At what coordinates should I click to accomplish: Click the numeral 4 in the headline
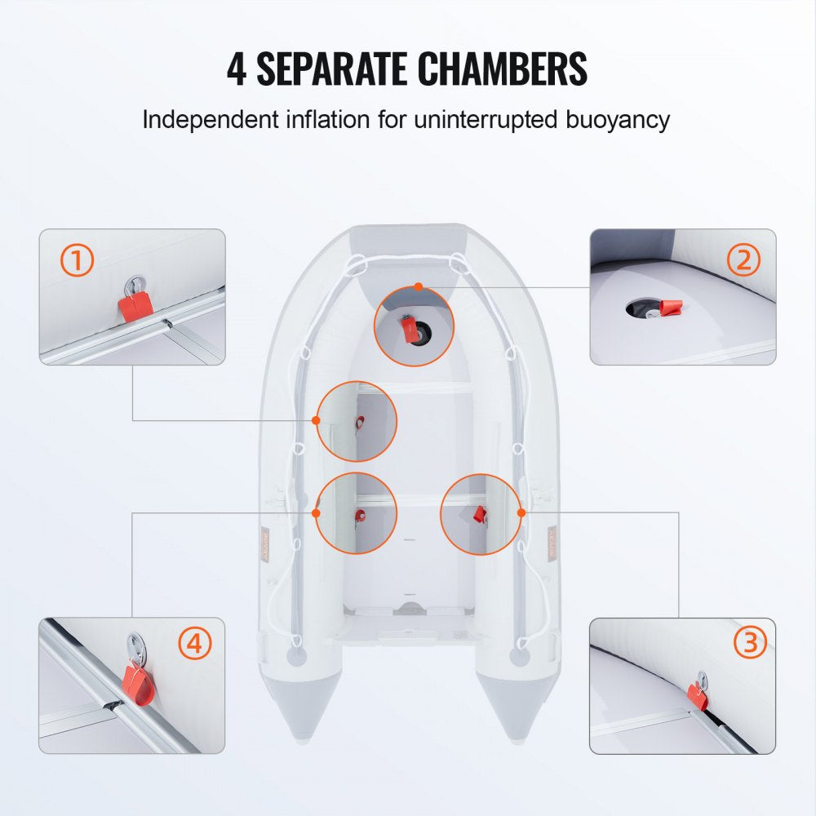click(x=237, y=69)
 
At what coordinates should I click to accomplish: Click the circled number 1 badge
click(x=78, y=261)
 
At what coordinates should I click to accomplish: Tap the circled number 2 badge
click(x=743, y=260)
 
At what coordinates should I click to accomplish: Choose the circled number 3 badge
click(x=750, y=644)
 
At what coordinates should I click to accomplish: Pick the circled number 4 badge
click(x=193, y=644)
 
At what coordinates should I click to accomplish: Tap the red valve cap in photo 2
click(x=672, y=309)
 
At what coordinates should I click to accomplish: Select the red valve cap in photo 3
click(x=698, y=694)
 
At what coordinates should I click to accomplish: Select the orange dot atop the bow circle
click(x=419, y=287)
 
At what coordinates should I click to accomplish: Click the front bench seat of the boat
click(x=416, y=389)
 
